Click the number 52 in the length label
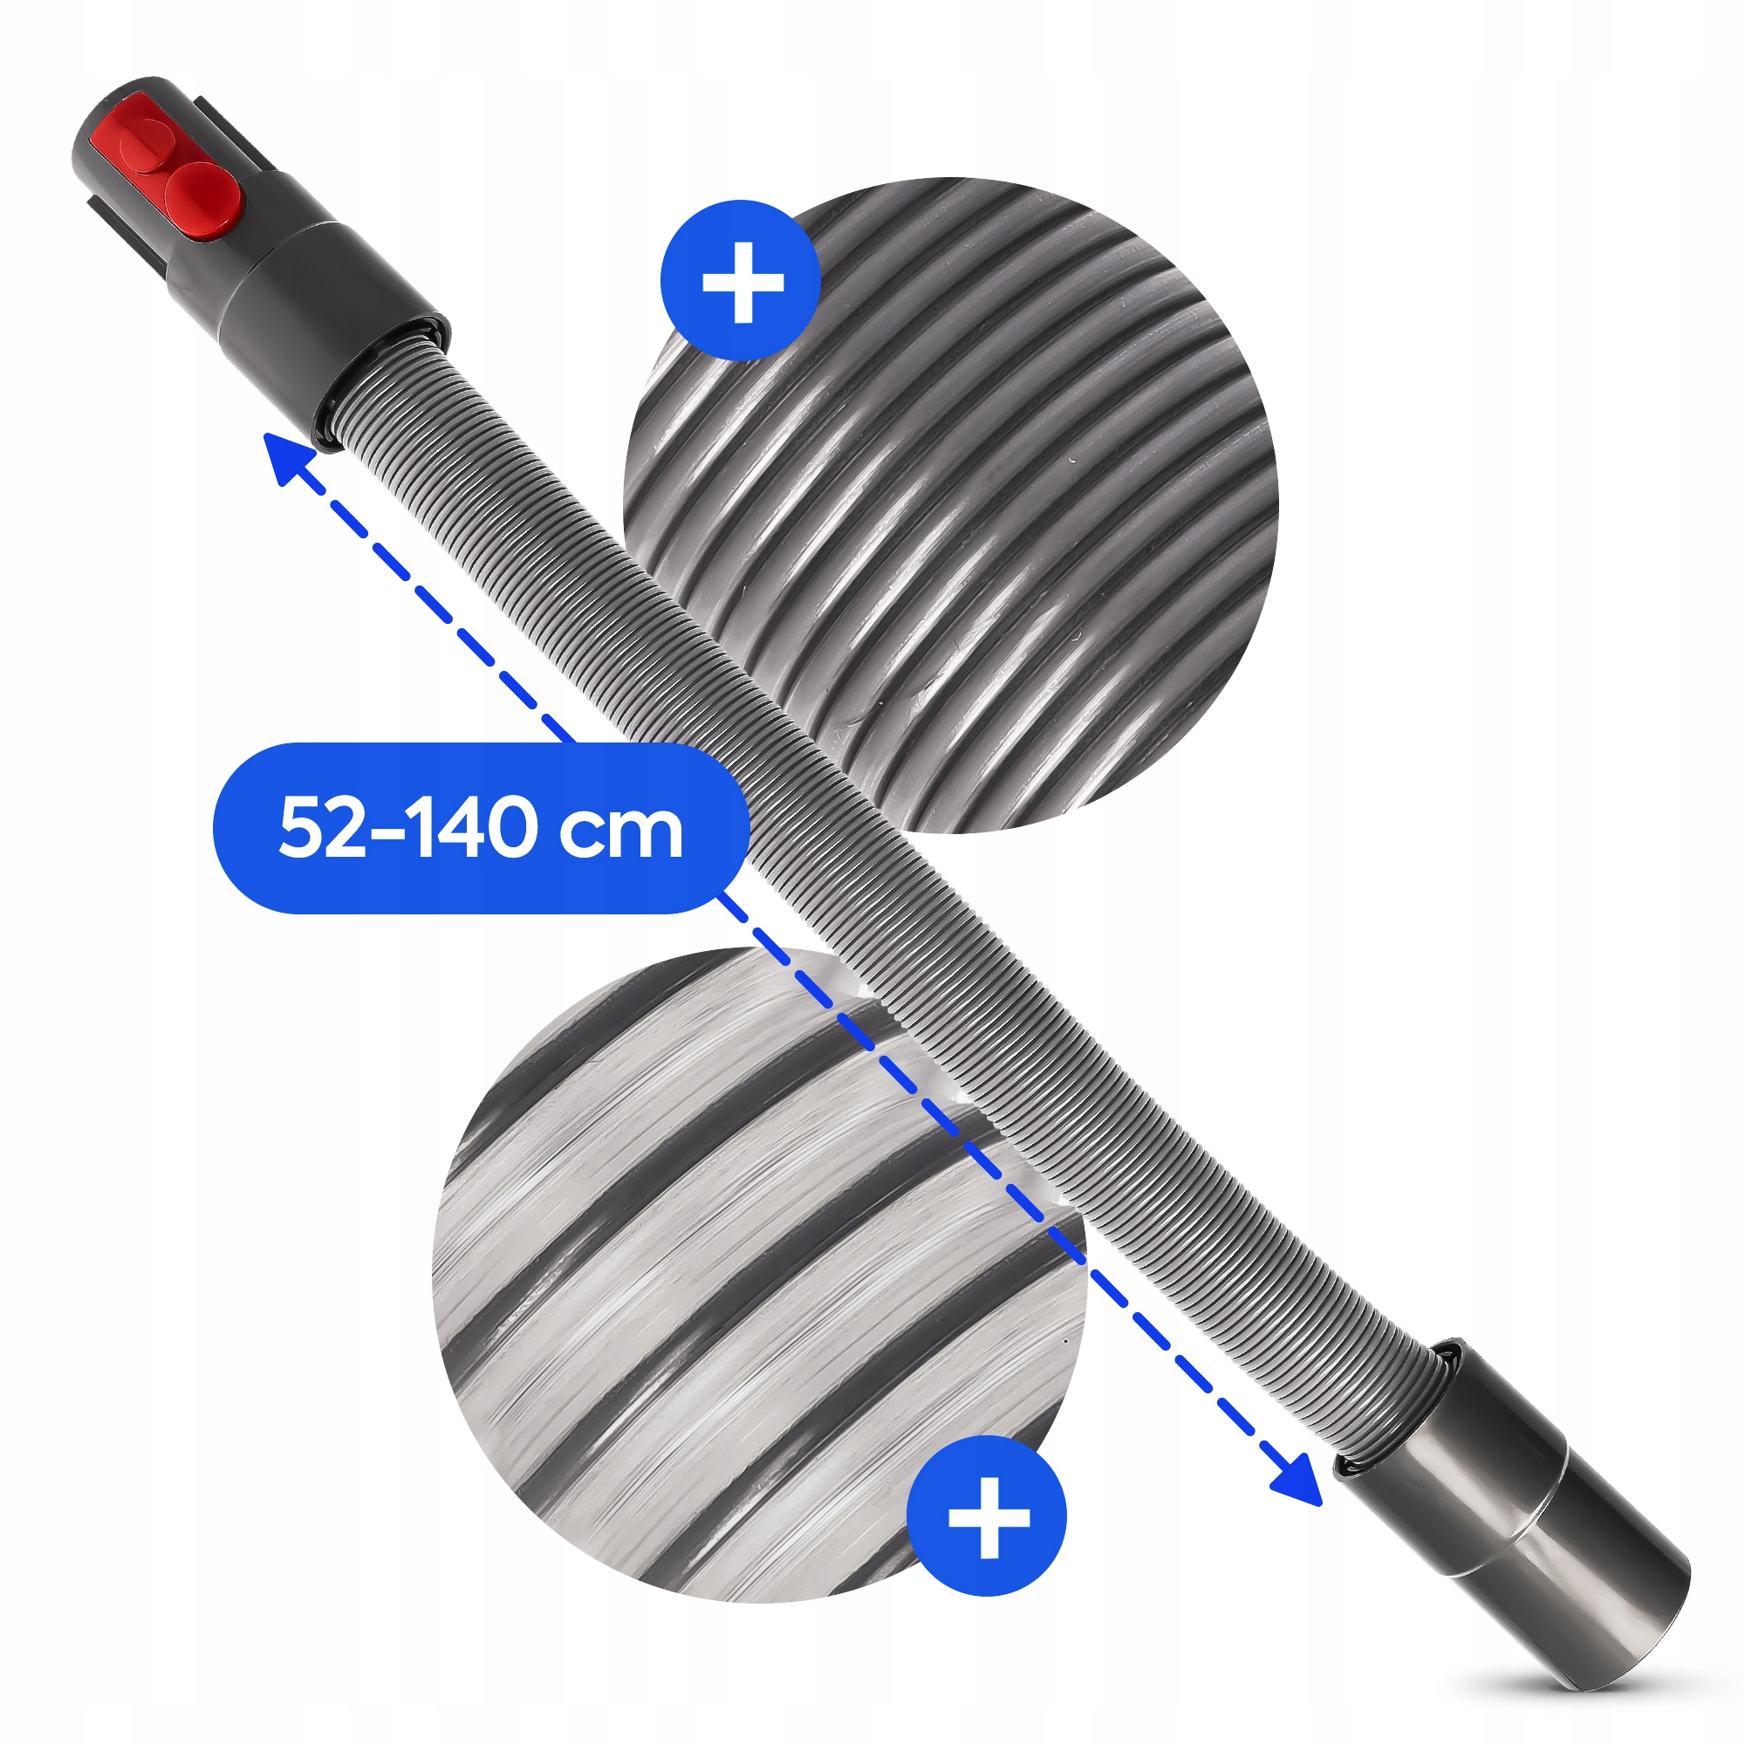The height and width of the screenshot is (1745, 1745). [320, 827]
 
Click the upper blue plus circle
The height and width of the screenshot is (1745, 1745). [742, 281]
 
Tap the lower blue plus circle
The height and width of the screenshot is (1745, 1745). [987, 1517]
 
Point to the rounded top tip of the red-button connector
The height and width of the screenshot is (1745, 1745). [118, 108]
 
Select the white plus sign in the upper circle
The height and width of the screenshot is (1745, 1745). [742, 282]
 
